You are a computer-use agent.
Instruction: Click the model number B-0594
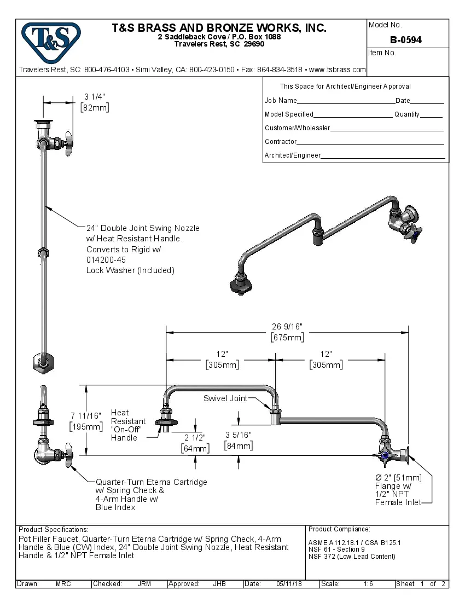(405, 40)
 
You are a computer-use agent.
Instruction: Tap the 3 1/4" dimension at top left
(95, 96)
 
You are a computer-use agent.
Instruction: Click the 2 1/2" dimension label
(195, 438)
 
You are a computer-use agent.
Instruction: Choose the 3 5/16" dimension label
(239, 435)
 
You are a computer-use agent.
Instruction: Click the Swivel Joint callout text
(225, 398)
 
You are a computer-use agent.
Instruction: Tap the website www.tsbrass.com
(337, 70)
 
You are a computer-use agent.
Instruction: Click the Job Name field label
(281, 101)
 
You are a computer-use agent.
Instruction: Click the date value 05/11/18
(290, 584)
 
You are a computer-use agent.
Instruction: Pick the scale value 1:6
(368, 584)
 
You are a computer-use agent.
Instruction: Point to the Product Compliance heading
(339, 529)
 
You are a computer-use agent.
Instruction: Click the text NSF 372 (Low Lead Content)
(351, 557)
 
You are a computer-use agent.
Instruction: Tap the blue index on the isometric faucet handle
(418, 235)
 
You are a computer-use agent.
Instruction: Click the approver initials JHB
(219, 584)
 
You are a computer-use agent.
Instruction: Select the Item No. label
(382, 53)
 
